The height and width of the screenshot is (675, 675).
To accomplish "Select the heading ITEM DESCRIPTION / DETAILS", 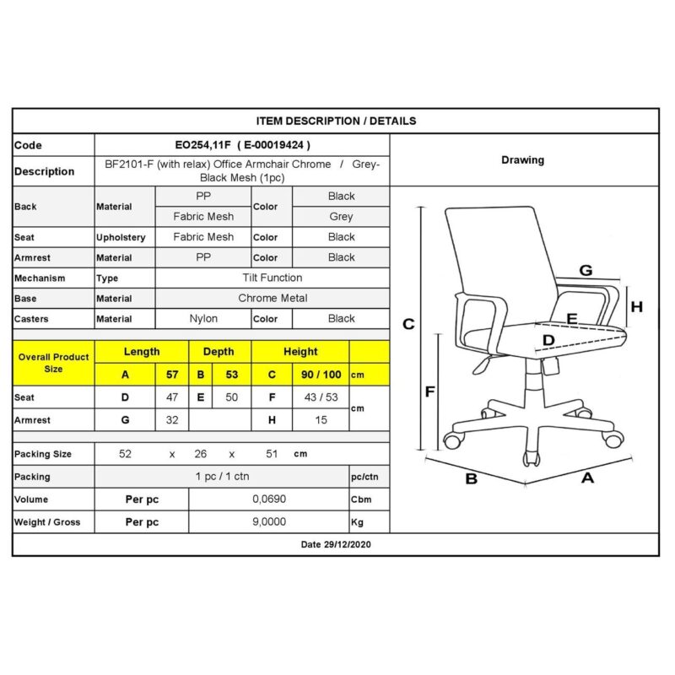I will click(x=335, y=121).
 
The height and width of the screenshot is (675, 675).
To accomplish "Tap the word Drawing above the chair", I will click(x=522, y=159).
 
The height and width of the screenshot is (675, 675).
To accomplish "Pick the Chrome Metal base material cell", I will click(x=273, y=298).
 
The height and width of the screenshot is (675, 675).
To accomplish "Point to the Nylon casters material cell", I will click(x=203, y=319).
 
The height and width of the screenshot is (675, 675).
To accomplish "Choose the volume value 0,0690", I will click(x=270, y=499).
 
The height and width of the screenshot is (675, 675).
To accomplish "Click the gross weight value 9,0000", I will click(x=270, y=521).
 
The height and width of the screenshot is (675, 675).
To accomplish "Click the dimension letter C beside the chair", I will click(x=408, y=324).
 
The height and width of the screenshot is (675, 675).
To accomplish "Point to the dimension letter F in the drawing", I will click(x=429, y=391).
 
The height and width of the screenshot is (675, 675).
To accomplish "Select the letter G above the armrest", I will click(x=585, y=271).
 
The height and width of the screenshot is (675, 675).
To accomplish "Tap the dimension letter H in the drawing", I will click(x=637, y=307).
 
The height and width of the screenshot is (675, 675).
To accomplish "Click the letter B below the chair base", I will click(x=472, y=478).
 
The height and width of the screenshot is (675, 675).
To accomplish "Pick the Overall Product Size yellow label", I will click(x=53, y=363).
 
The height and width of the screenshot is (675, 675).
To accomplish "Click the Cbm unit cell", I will click(x=361, y=499).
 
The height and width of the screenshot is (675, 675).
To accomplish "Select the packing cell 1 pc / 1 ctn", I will click(x=223, y=477).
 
